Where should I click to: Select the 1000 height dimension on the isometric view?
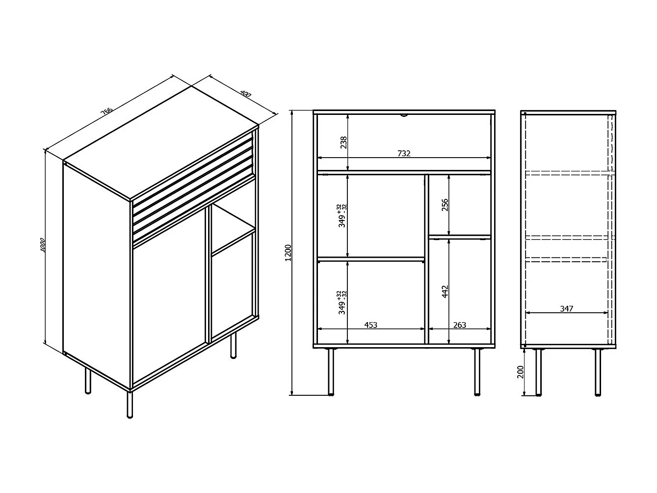tap(43, 246)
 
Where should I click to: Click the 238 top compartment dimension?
tap(343, 142)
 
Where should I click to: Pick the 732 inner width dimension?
tap(403, 153)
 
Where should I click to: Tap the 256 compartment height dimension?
tap(445, 205)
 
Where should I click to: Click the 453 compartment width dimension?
tap(371, 325)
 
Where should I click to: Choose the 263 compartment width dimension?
tap(460, 325)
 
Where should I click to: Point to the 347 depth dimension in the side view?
tap(566, 308)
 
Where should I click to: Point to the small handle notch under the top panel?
tap(403, 116)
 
